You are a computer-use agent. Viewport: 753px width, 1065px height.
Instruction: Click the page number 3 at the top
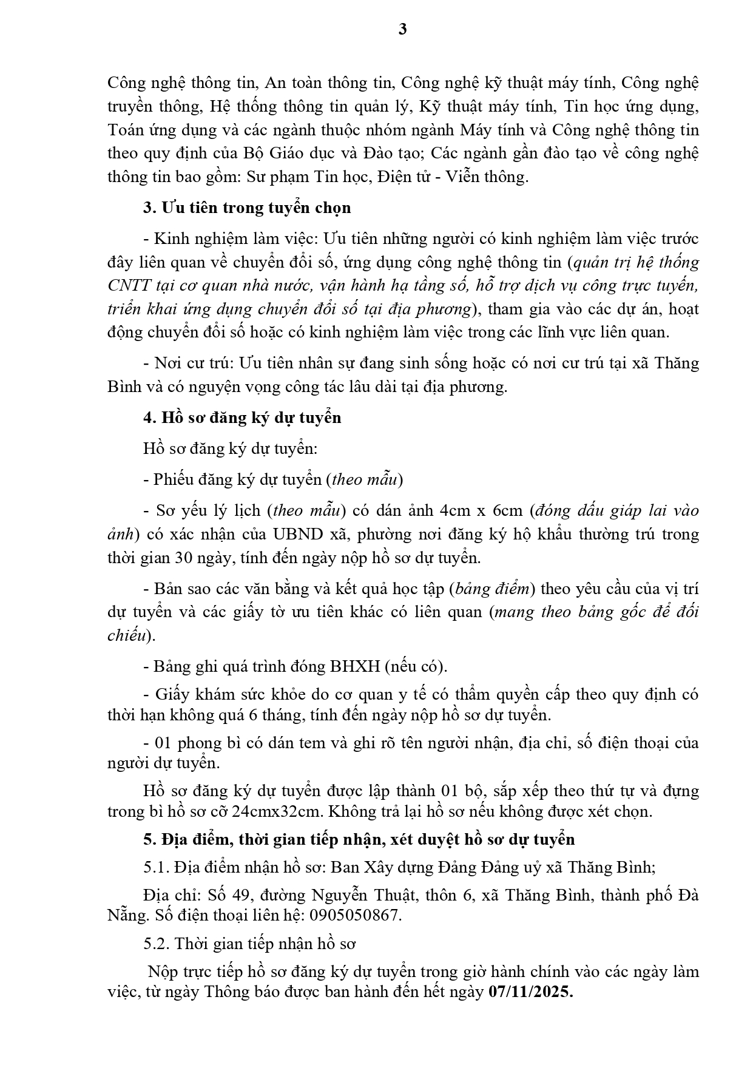(x=403, y=29)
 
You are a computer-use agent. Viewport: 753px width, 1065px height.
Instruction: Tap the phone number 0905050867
(x=363, y=915)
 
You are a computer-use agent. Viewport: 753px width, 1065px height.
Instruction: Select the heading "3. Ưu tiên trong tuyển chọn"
(x=247, y=208)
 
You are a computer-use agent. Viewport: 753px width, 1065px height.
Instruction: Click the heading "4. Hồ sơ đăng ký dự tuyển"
(x=242, y=418)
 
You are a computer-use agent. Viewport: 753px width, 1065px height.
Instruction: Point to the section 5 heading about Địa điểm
(x=359, y=839)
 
